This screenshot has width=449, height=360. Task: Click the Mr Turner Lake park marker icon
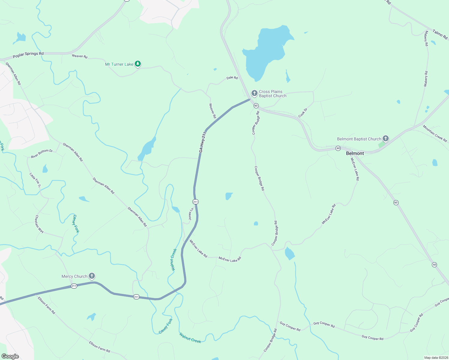point(137,64)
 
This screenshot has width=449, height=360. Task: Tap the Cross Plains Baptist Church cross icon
point(254,93)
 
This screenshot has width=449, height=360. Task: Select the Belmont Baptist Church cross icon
point(386,139)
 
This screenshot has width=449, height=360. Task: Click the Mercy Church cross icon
point(92,276)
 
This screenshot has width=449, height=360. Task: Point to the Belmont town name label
point(355,153)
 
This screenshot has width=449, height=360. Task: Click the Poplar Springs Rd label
point(28,55)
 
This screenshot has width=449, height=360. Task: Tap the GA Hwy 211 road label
point(203,142)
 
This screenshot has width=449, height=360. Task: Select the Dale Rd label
point(232,78)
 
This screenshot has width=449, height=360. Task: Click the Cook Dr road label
point(303,113)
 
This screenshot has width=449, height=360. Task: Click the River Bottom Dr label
point(42,154)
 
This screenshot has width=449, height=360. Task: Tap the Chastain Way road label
point(39,224)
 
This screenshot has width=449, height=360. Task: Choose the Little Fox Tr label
point(35,180)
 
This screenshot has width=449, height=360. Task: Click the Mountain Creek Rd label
point(435,133)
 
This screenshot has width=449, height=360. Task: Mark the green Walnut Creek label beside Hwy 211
point(174,259)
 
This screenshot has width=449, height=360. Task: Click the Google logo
point(10,356)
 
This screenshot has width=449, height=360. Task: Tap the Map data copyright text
point(435,358)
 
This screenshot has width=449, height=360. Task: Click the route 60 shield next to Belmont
point(338,148)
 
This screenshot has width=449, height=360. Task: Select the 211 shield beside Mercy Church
point(74,286)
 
